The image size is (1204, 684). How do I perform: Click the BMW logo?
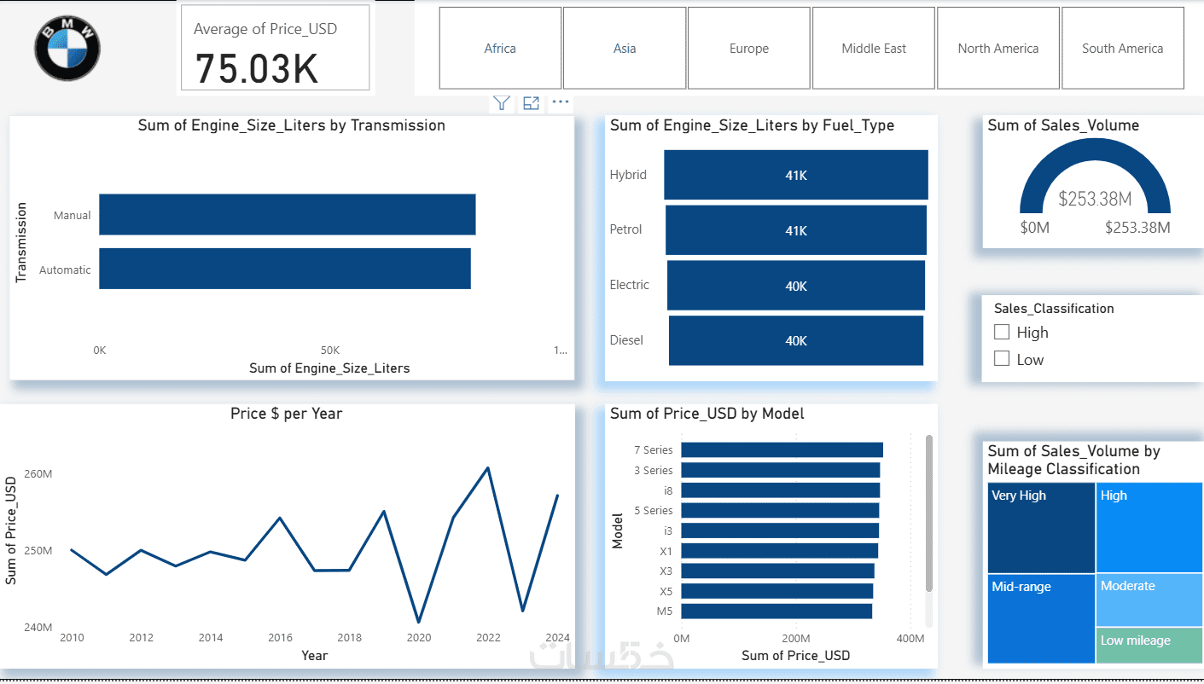(x=67, y=48)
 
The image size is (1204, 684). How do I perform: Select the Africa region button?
(x=500, y=48)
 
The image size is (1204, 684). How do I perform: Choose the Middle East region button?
(x=874, y=48)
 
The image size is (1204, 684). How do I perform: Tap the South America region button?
(x=1122, y=48)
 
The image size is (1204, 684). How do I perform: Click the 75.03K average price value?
(x=256, y=69)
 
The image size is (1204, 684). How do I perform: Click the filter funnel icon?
(x=502, y=102)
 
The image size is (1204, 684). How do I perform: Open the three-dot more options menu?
(x=560, y=101)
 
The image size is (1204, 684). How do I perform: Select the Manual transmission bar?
(x=287, y=214)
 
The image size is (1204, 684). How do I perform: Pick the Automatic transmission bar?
(x=285, y=269)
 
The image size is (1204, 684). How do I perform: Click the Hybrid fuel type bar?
(x=796, y=175)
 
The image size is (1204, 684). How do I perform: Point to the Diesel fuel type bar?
(x=796, y=340)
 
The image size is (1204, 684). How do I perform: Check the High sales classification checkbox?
(x=1002, y=332)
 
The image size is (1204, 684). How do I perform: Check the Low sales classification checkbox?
(x=1002, y=358)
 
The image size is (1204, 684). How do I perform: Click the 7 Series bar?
(x=782, y=449)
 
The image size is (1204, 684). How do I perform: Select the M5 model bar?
(x=776, y=611)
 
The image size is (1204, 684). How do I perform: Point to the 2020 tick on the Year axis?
(x=419, y=637)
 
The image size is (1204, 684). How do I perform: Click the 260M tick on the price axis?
(x=38, y=473)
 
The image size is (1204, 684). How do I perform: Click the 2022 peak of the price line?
(x=488, y=468)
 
